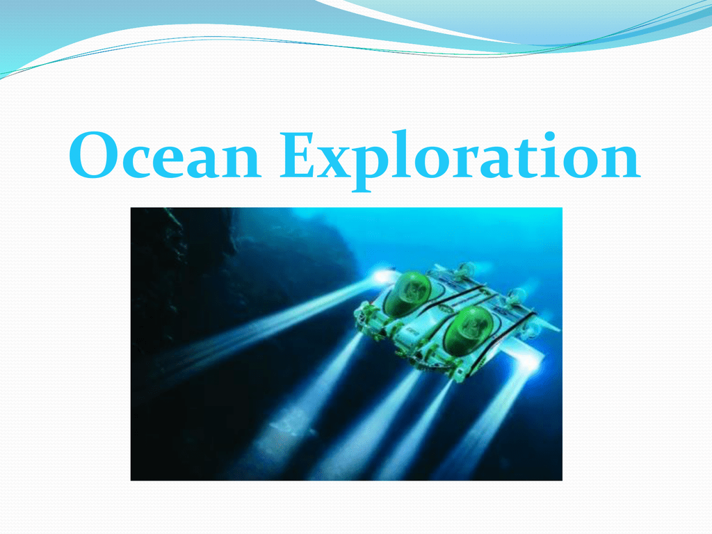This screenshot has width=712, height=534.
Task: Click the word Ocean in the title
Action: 165,155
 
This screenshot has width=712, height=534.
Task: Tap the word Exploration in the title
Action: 460,161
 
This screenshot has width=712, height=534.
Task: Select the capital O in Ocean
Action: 94,155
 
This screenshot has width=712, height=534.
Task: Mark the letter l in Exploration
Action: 403,154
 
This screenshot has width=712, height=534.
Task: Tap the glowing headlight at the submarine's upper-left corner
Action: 384,275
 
